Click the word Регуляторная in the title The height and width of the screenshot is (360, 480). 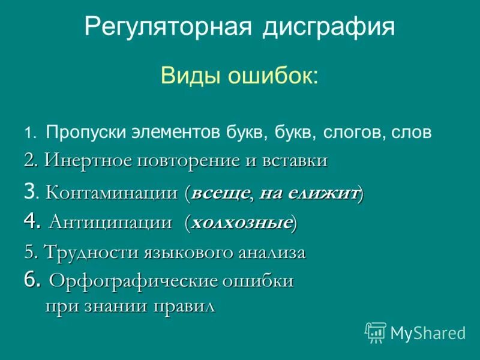tap(167, 28)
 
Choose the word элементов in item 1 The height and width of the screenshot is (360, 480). tap(175, 133)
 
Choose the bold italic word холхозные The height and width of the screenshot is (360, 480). tap(241, 223)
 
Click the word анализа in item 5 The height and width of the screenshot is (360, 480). tap(273, 252)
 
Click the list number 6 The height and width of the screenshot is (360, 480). tap(32, 280)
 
